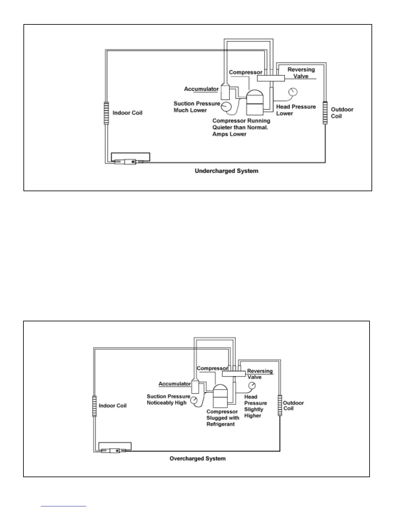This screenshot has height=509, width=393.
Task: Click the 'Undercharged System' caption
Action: point(226,171)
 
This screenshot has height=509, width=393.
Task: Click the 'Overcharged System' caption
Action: point(197,459)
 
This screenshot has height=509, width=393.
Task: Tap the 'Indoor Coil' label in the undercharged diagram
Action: point(127,113)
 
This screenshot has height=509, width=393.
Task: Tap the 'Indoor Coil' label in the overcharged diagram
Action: point(112,406)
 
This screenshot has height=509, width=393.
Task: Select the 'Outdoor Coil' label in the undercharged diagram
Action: point(342,113)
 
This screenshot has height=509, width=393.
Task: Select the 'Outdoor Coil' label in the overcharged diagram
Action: point(293,406)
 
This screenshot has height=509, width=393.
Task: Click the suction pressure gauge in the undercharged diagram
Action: point(227,106)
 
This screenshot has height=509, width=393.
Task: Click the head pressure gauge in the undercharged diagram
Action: point(293,92)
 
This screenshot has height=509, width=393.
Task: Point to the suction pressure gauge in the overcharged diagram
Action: point(194,400)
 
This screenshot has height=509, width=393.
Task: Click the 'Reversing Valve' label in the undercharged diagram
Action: point(301,73)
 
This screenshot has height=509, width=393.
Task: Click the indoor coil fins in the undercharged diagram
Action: point(106,113)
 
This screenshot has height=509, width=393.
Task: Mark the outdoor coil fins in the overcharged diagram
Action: point(280,406)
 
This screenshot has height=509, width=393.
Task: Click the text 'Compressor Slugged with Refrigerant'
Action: point(223,418)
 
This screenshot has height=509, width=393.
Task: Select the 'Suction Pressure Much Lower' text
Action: point(197,107)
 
